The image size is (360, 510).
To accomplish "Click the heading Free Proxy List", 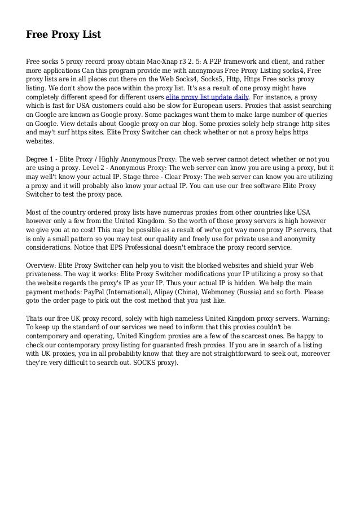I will coord(63,35).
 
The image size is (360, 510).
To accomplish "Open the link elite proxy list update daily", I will coord(207,97).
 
